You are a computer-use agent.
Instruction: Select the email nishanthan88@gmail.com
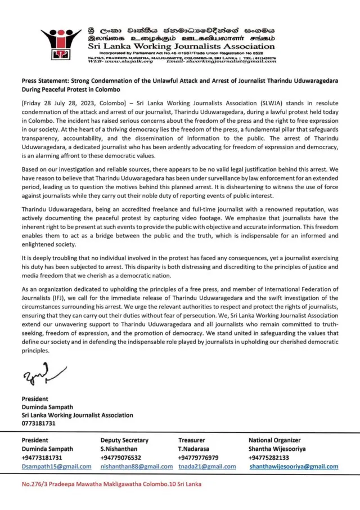pos(137,467)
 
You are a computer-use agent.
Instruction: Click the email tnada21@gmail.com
pos(207,467)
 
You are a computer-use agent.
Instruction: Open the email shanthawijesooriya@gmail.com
pos(294,467)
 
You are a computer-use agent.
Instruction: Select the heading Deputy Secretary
pos(124,440)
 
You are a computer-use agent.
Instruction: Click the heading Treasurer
pos(192,440)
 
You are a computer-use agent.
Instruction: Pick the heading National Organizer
pos(274,440)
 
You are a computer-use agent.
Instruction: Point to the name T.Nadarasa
pos(195,449)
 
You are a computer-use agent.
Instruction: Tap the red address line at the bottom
pos(111,484)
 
